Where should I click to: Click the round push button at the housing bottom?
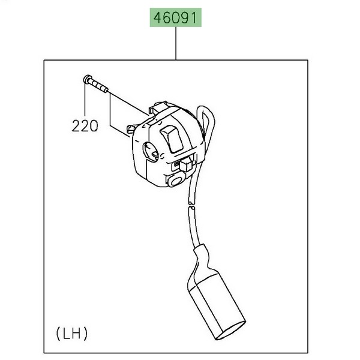(176, 179)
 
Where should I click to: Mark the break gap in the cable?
(191, 206)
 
